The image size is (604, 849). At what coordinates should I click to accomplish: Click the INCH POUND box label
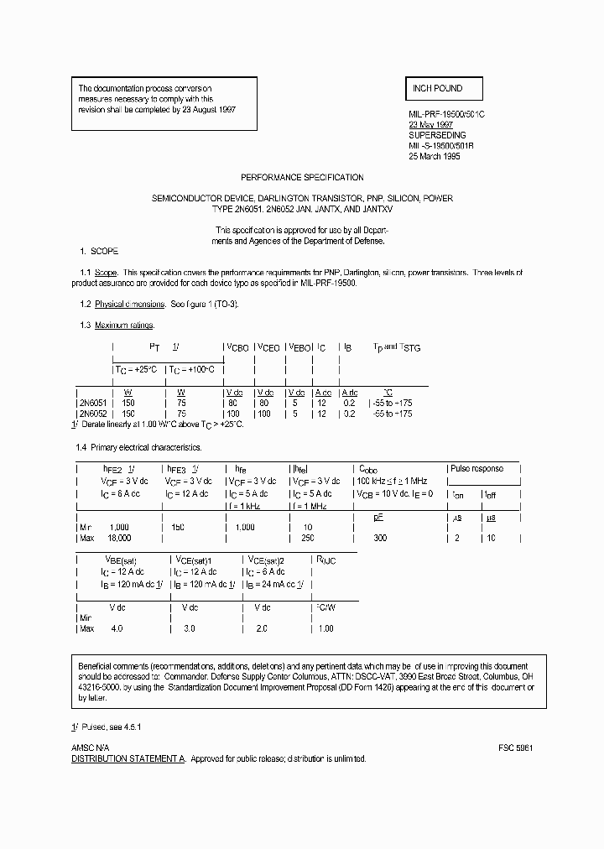tap(437, 88)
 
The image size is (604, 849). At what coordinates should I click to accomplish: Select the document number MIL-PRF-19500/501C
tap(447, 112)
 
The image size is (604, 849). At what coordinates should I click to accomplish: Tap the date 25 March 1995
tap(435, 156)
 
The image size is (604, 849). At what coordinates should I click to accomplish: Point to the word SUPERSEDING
tap(437, 134)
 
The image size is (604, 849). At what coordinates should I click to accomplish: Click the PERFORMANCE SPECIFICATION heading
tap(302, 178)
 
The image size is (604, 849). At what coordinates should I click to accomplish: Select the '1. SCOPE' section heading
tap(99, 252)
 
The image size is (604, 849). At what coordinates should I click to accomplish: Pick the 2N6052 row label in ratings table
tap(92, 414)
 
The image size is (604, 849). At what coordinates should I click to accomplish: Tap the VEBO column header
tap(297, 346)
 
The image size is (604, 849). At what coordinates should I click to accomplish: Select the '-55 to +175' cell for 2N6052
tap(392, 414)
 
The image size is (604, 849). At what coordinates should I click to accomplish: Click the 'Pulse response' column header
tap(476, 469)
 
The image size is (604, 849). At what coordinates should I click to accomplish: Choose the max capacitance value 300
tap(380, 537)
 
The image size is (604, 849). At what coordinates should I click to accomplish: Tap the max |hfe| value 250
tap(308, 537)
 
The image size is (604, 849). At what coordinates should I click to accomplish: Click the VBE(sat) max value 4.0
tap(116, 628)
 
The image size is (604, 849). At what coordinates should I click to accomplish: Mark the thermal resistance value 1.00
tap(325, 628)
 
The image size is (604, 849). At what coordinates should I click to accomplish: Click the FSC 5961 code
tap(515, 747)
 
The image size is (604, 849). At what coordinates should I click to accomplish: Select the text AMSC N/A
tap(90, 747)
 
